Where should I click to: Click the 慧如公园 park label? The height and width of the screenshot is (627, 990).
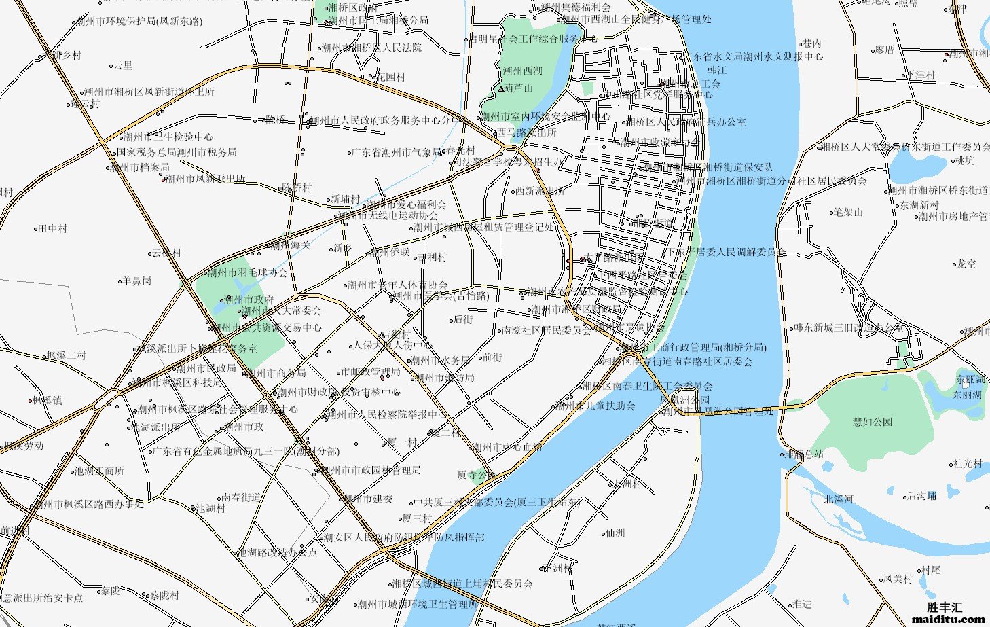873,422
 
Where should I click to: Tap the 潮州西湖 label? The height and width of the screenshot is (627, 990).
523,71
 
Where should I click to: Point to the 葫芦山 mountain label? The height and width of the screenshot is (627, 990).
518,88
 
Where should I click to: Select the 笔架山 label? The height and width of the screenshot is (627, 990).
848,212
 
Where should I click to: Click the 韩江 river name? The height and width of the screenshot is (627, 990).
717,70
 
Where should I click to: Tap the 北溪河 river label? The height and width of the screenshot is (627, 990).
839,499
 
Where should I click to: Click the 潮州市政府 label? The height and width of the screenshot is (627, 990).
249,300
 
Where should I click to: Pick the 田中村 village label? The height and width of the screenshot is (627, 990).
52,229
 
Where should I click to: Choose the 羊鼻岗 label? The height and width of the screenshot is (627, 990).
136,280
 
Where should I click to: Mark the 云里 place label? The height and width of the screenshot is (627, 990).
123,66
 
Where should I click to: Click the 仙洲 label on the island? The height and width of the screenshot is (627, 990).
615,533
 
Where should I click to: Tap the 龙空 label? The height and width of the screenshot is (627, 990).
966,264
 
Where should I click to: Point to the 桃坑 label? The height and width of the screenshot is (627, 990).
965,161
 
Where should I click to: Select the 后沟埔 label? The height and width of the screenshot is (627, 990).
921,496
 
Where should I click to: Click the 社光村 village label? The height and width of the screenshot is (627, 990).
968,463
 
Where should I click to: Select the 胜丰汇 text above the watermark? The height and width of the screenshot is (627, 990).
945,607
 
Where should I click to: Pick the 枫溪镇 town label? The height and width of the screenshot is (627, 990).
48,400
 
